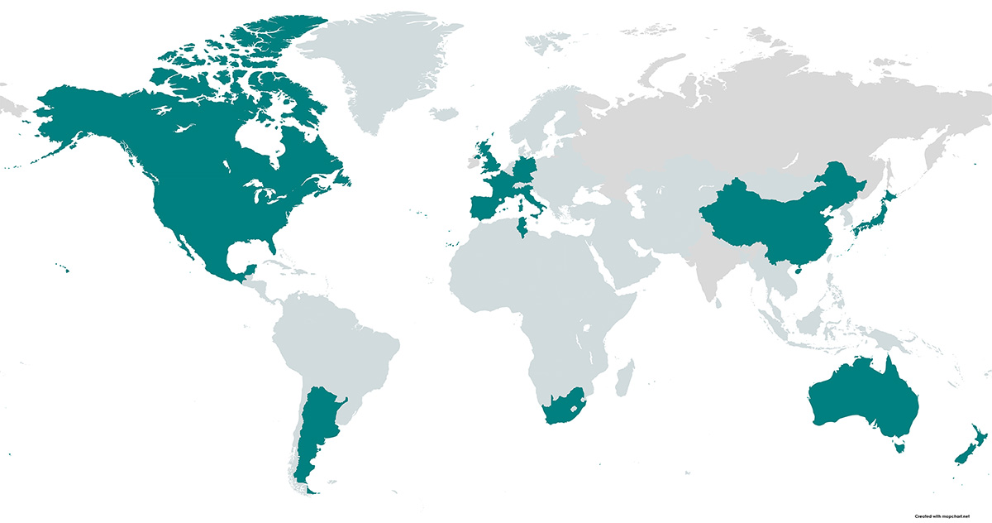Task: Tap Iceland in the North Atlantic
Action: click(445, 113)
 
